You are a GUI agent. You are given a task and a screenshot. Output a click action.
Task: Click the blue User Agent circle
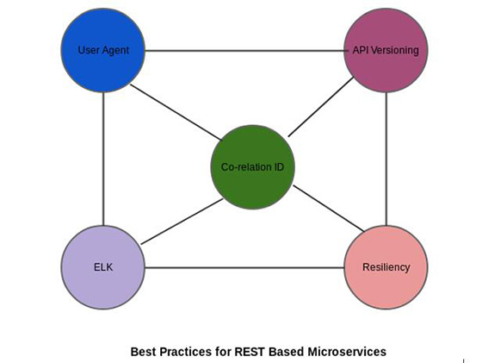tap(103, 50)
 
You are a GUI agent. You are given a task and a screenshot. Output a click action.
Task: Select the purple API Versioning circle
tap(386, 50)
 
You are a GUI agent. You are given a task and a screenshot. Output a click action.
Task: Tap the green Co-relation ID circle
tap(253, 167)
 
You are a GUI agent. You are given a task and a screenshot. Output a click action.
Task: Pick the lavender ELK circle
tap(103, 267)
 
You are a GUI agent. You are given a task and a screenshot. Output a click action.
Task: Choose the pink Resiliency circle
tap(386, 267)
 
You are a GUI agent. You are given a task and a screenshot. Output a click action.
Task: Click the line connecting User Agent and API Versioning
tap(244, 51)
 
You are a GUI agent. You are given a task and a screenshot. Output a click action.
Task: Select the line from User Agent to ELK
tap(103, 159)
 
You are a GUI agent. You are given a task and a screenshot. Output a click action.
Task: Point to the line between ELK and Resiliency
tap(244, 267)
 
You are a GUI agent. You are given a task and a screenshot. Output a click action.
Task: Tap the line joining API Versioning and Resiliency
tap(386, 159)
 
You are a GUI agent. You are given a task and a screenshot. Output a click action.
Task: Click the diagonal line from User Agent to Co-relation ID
tap(176, 112)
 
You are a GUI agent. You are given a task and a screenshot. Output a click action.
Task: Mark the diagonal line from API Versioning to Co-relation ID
tap(321, 107)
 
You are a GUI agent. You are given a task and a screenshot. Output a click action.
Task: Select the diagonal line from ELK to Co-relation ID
tap(182, 222)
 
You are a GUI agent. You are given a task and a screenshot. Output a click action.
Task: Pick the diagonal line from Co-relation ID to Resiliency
tap(329, 208)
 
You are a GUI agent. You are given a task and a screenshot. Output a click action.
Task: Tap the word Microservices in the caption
tap(347, 351)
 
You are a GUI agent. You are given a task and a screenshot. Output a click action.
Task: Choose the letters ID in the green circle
tap(278, 167)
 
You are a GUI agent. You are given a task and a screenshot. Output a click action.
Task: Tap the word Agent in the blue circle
tap(116, 51)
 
